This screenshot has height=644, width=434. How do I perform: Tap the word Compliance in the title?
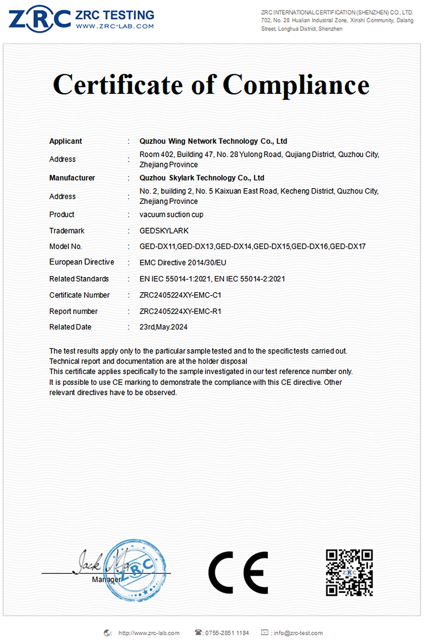click(x=296, y=85)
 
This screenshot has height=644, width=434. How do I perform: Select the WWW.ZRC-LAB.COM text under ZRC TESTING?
click(x=114, y=25)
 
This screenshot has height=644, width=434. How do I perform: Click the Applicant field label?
click(x=66, y=141)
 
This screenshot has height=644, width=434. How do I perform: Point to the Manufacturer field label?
click(x=72, y=178)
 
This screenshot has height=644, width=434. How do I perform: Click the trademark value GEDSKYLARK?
click(x=164, y=231)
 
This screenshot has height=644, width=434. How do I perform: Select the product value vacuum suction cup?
click(x=171, y=215)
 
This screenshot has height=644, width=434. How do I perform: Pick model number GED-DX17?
click(x=348, y=247)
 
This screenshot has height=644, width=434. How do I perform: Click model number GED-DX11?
click(x=157, y=247)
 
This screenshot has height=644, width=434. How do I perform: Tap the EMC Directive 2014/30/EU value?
click(x=183, y=262)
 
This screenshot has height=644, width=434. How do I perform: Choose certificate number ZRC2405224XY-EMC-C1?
click(x=180, y=295)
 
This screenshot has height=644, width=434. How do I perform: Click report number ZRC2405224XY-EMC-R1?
click(x=180, y=312)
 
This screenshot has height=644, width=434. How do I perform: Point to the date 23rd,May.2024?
click(x=164, y=327)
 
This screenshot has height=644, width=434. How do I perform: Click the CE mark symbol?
click(x=238, y=572)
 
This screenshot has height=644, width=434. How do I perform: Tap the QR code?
click(x=349, y=572)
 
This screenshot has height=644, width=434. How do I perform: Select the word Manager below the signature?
click(x=106, y=579)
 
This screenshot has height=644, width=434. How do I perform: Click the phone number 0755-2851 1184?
click(x=227, y=633)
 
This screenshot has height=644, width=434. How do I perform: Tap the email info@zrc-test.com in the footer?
click(x=297, y=633)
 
